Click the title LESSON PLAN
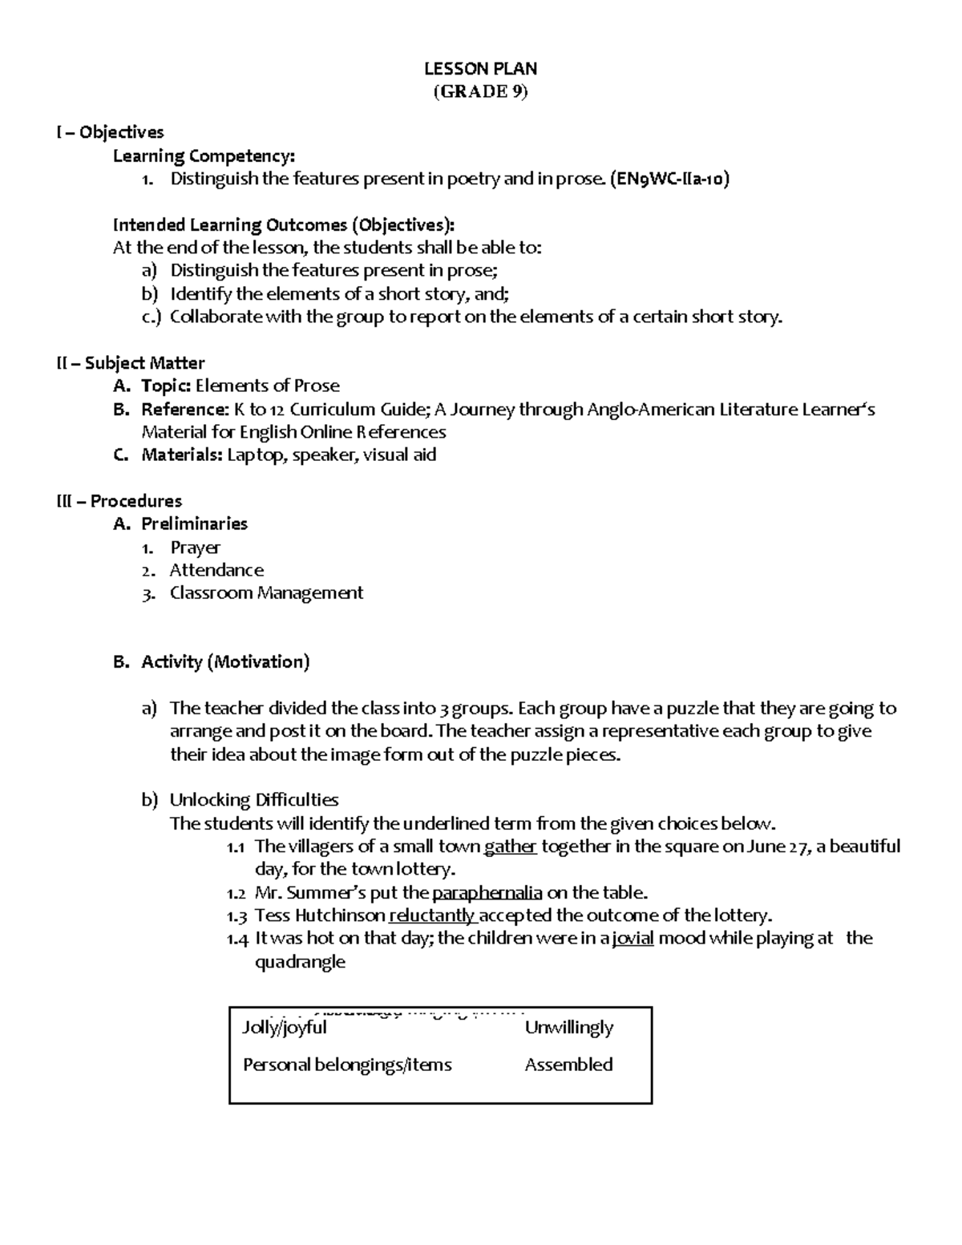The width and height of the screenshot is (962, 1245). coord(480,68)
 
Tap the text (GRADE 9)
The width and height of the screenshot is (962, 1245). coord(480,91)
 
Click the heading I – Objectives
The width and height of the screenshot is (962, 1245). coord(110,132)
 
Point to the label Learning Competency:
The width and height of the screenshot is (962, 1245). coord(204,156)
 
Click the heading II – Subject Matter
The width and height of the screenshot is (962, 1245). coord(130,363)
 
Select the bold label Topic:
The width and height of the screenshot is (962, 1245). coord(166,386)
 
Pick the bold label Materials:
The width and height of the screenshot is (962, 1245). coord(182,455)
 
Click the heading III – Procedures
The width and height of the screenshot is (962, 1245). coord(119,501)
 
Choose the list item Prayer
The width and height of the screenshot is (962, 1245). coord(195,548)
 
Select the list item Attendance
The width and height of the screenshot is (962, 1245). coord(216,570)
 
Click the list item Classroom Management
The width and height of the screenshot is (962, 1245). coord(266,593)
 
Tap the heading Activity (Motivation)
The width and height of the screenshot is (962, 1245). coord(225,662)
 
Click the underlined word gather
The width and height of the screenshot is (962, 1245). coord(511,847)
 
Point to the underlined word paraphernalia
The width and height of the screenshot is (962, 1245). coord(487,893)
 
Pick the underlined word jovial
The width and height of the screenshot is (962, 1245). coord(633,939)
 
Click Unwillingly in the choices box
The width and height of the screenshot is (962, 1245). coord(569,1028)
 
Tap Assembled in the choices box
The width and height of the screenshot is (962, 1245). coord(568,1065)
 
